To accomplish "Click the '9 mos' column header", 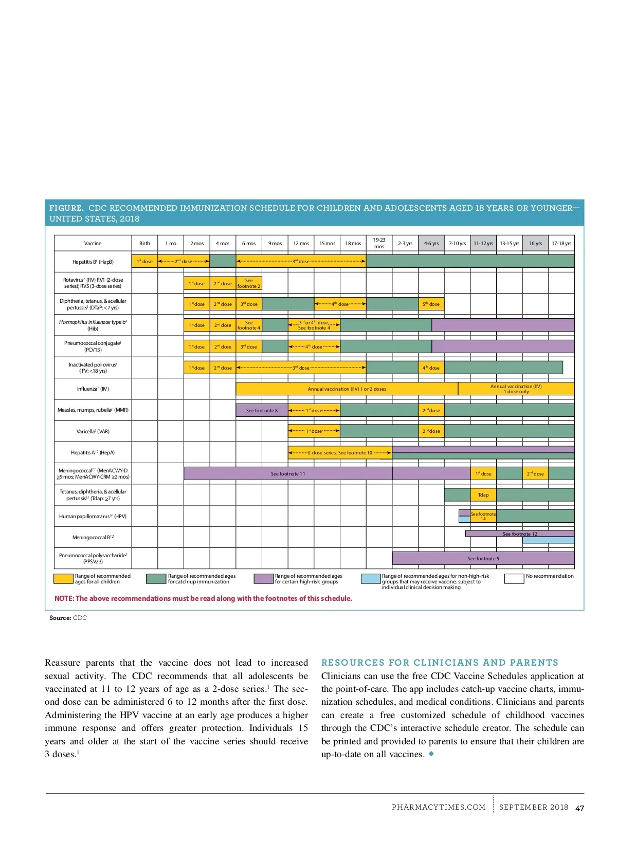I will pos(275,244).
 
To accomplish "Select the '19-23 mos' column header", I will pos(379,243).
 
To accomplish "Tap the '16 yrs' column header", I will pos(535,244).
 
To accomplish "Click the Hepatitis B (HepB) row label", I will pos(93,262).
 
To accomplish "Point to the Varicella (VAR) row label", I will pos(93,431).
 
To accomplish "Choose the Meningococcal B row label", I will pos(93,537).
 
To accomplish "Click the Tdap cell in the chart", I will pos(483,495).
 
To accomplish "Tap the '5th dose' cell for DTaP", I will pos(431,304).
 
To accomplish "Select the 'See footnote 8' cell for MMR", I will pos(262,410).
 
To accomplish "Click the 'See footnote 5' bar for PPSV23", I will pos(483,558).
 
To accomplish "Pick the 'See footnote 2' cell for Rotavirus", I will pos(249,283).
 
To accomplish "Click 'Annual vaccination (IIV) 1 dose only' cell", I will pos(516,389).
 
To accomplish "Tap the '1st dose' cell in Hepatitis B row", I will pos(144,261).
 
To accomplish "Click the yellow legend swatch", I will pos(63,579).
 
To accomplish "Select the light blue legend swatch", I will pos(370,579).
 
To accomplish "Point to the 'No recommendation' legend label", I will pos(550,576).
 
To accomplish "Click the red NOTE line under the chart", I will pos(203,598).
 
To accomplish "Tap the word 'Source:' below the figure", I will pos(60,618).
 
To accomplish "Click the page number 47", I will pos(579,808).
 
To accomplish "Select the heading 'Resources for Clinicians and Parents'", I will pos(440,663).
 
